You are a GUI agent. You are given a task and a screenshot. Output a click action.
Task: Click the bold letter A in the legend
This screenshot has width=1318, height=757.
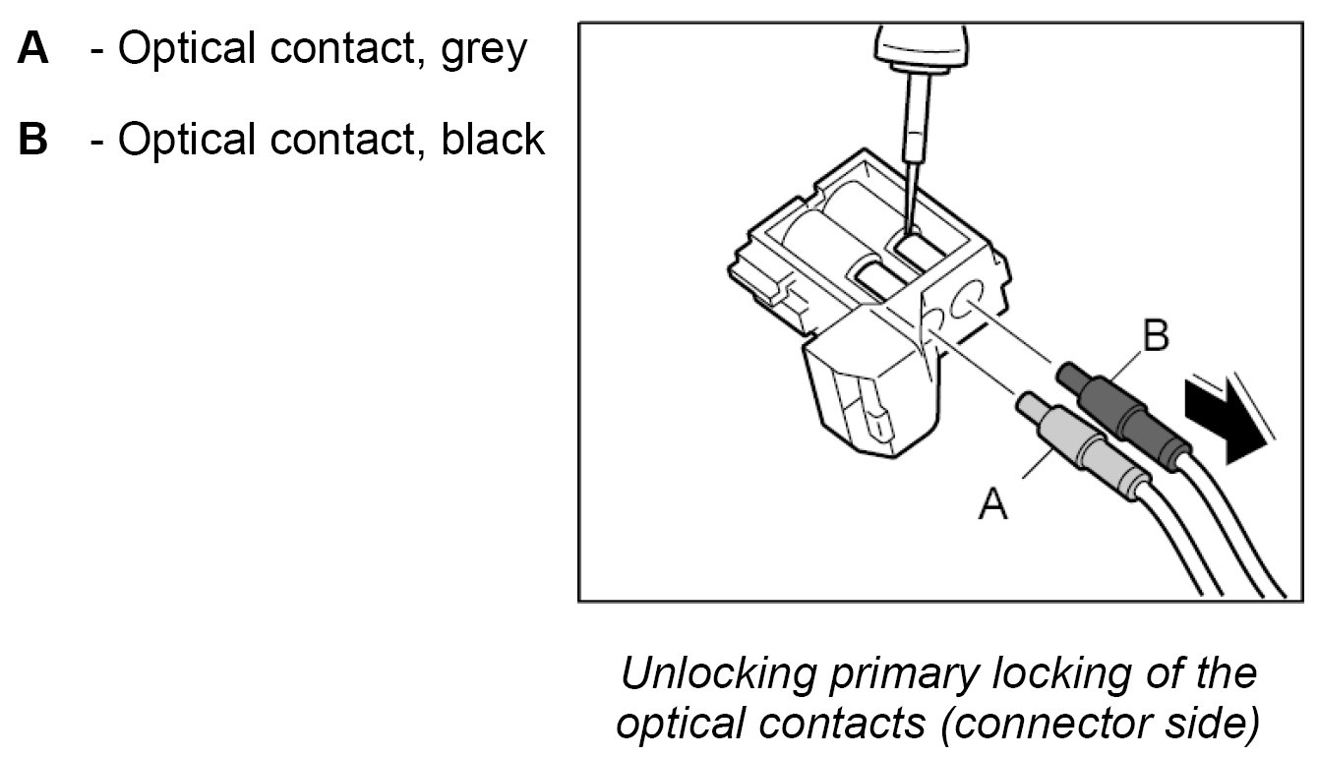(33, 49)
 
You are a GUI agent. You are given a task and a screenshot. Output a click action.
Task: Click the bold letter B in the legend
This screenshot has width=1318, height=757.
(33, 140)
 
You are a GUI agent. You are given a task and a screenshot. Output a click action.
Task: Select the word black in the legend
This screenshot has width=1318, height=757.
(493, 140)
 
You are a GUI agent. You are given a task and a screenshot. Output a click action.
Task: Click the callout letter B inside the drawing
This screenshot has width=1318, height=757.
(1155, 336)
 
